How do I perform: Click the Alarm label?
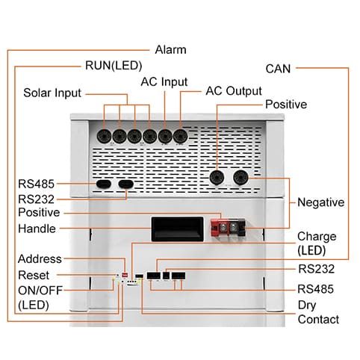tap(170, 50)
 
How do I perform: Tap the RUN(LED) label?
tap(114, 66)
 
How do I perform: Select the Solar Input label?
tap(52, 93)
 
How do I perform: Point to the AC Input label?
tap(164, 82)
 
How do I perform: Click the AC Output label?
tap(234, 91)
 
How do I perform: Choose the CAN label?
tap(278, 69)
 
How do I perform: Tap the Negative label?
tap(321, 202)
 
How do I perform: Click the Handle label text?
tap(37, 229)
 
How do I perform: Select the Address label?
tap(40, 259)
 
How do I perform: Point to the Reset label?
tap(34, 275)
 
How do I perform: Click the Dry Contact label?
tap(318, 312)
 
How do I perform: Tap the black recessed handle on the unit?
tap(177, 229)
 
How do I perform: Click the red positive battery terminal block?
tap(220, 228)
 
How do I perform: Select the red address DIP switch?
tap(125, 275)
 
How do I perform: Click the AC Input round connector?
tap(165, 137)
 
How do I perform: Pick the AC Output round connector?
tap(180, 136)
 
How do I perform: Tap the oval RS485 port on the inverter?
tap(104, 184)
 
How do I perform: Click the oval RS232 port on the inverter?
tap(126, 184)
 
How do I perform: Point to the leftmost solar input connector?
tap(104, 137)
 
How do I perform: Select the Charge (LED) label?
tap(317, 243)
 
